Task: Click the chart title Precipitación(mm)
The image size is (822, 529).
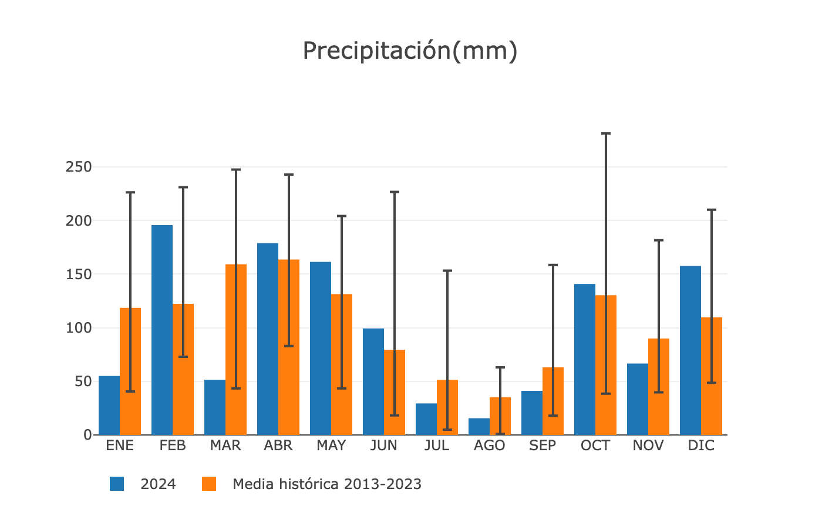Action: pyautogui.click(x=410, y=51)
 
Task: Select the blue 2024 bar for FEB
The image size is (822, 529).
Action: pyautogui.click(x=162, y=330)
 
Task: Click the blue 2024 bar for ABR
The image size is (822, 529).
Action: pyautogui.click(x=268, y=339)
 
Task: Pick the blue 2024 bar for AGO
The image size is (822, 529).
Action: pyautogui.click(x=479, y=427)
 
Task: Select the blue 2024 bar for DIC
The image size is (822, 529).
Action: pyautogui.click(x=690, y=350)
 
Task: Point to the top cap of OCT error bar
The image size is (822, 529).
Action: pyautogui.click(x=606, y=134)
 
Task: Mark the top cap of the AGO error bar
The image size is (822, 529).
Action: pyautogui.click(x=500, y=367)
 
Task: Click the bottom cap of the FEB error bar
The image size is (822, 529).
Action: pyautogui.click(x=183, y=357)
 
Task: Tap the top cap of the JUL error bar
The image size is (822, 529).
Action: pyautogui.click(x=447, y=270)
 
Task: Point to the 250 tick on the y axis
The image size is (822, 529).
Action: pyautogui.click(x=79, y=167)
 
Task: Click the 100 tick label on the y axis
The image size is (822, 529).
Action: pyautogui.click(x=79, y=328)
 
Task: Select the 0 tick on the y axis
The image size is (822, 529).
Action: pyautogui.click(x=87, y=435)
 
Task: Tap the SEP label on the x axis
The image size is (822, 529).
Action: pyautogui.click(x=543, y=446)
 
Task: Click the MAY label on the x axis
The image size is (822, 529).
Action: pyautogui.click(x=331, y=446)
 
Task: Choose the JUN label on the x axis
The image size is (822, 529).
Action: pyautogui.click(x=384, y=446)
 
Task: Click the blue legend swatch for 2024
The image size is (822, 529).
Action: pyautogui.click(x=117, y=484)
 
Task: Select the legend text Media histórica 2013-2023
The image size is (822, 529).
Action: pyautogui.click(x=327, y=484)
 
